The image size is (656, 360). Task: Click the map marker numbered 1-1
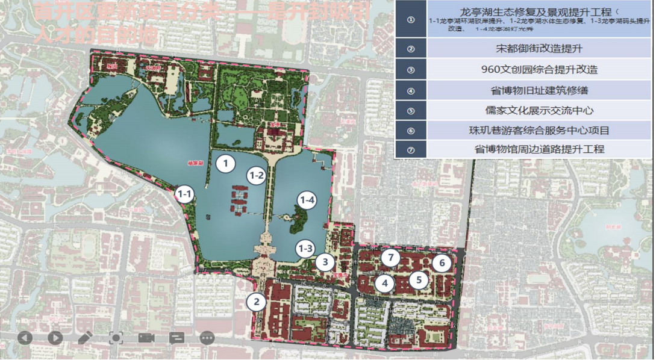coord(184,194)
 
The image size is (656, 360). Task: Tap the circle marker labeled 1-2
coord(256,176)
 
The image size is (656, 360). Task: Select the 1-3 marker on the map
coord(305,248)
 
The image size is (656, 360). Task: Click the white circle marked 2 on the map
coord(257,302)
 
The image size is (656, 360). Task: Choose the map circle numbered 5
coord(419,279)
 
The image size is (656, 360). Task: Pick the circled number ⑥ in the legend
coord(411,131)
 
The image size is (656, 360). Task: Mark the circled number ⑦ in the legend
coord(411,150)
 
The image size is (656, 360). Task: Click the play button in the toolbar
coord(55,337)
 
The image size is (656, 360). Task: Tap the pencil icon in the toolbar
coord(85,337)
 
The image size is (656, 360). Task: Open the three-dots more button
coord(207,337)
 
